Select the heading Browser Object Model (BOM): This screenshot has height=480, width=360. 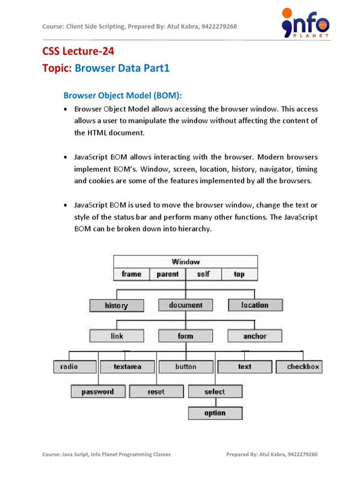click(122, 96)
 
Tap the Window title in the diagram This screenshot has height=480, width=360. click(186, 262)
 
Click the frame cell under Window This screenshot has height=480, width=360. click(131, 274)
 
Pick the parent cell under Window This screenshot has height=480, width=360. click(167, 274)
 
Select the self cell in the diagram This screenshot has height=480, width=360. click(203, 274)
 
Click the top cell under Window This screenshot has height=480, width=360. click(239, 274)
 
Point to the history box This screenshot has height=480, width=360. click(117, 306)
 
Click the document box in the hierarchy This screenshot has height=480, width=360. click(186, 305)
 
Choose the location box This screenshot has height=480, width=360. click(255, 305)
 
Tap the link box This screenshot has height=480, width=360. click(117, 336)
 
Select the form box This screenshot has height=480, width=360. click(186, 336)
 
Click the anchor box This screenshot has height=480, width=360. click(255, 336)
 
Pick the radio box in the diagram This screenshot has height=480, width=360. click(69, 367)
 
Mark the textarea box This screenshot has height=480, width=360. click(127, 367)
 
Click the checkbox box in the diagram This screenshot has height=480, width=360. click(303, 367)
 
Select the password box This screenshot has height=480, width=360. click(97, 391)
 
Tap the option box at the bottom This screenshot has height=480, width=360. click(215, 413)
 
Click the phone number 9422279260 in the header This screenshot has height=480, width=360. click(219, 26)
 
